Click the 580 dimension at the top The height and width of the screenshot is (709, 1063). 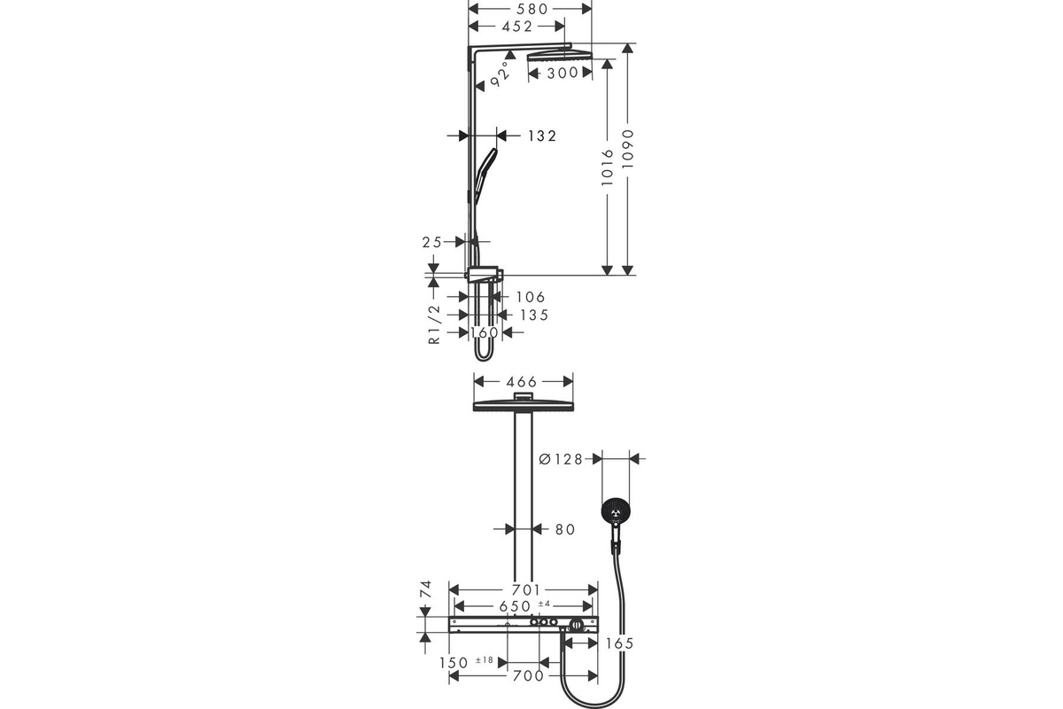532,9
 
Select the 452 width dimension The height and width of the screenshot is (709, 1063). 517,27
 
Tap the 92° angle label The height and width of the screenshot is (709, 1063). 500,74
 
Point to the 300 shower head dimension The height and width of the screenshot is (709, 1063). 563,74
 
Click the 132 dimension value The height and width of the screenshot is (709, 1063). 542,136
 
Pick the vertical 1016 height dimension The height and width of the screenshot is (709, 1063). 608,168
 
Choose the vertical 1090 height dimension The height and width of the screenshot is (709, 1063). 628,148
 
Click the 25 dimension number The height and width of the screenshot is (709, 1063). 432,242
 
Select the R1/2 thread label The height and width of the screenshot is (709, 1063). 435,325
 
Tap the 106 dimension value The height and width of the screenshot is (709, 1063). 531,297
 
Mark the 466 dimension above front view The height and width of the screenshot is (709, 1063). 522,382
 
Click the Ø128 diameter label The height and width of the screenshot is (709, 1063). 561,459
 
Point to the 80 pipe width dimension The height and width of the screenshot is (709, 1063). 565,529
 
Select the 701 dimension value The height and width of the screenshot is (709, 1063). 526,590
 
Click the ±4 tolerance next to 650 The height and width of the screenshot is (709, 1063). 544,604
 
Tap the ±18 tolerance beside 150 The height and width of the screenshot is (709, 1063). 485,660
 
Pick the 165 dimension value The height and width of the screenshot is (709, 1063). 620,643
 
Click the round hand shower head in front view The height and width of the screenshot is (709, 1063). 616,512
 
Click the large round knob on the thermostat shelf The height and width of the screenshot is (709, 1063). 577,625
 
